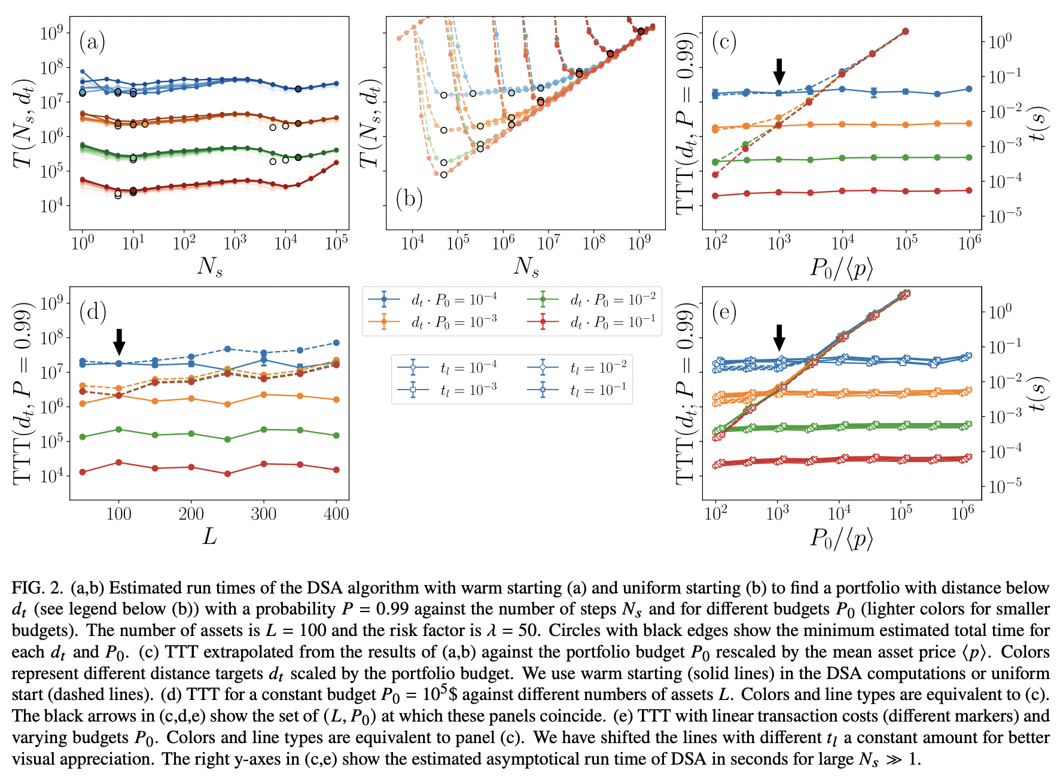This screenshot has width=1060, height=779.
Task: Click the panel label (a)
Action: pyautogui.click(x=92, y=42)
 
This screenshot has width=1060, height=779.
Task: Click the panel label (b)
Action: pyautogui.click(x=409, y=198)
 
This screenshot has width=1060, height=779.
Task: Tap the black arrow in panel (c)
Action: pyautogui.click(x=779, y=71)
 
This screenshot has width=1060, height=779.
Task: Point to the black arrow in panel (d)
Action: pyautogui.click(x=119, y=341)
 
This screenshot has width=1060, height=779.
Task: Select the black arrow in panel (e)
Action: pyautogui.click(x=779, y=337)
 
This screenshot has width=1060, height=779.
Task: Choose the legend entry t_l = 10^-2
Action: pyautogui.click(x=598, y=367)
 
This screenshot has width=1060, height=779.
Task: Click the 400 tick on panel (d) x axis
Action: pyautogui.click(x=336, y=514)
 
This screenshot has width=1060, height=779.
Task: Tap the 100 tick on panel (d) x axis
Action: pyautogui.click(x=118, y=514)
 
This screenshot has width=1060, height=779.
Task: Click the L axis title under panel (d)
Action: pyautogui.click(x=209, y=536)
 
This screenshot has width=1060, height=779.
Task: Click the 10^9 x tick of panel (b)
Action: pyautogui.click(x=639, y=243)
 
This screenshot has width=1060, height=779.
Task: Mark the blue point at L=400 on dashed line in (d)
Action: pyautogui.click(x=336, y=343)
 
